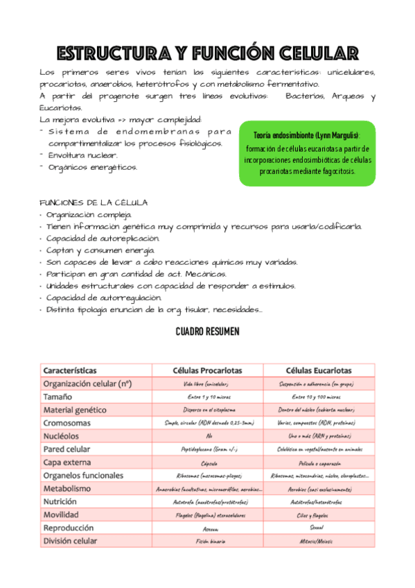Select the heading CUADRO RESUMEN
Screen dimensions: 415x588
coord(207,332)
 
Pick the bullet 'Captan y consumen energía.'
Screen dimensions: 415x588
coord(101,250)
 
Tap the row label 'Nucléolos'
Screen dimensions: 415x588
coord(64,435)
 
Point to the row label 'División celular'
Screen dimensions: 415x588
coord(70,541)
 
